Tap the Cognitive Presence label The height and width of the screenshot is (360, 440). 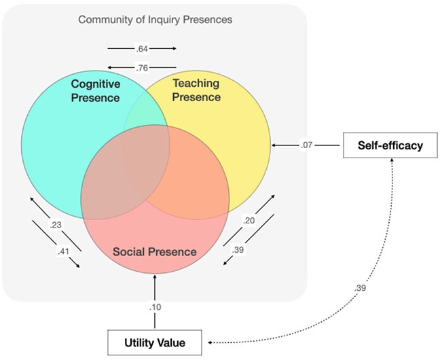[96, 90]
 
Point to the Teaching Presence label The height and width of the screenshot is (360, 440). [196, 90]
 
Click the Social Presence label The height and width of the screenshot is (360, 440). [155, 252]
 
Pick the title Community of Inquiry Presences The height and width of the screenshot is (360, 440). [155, 19]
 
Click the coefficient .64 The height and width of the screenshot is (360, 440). [142, 49]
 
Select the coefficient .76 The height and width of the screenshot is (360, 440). [142, 67]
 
